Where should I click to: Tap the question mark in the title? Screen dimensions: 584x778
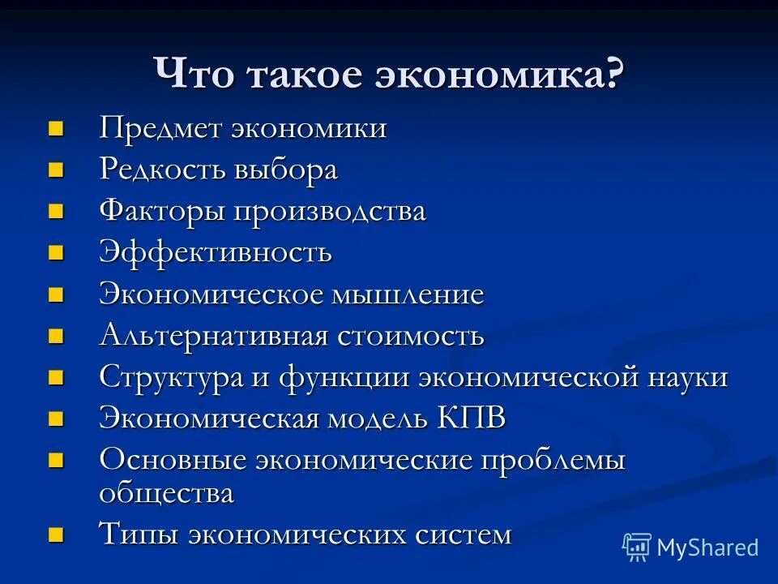[614, 75]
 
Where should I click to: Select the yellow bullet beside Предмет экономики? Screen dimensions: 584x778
[55, 128]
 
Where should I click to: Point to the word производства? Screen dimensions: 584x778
[330, 213]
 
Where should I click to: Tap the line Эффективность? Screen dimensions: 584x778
[216, 252]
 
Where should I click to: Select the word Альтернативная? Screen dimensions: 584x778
[213, 335]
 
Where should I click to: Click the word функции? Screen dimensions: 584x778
[347, 377]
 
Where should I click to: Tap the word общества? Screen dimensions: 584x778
[166, 493]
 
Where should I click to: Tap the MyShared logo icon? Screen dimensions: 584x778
[637, 547]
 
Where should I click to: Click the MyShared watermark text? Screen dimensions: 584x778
[708, 547]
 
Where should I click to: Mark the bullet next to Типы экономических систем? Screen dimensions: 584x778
[55, 535]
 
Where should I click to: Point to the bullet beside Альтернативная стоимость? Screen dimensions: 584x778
[55, 335]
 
